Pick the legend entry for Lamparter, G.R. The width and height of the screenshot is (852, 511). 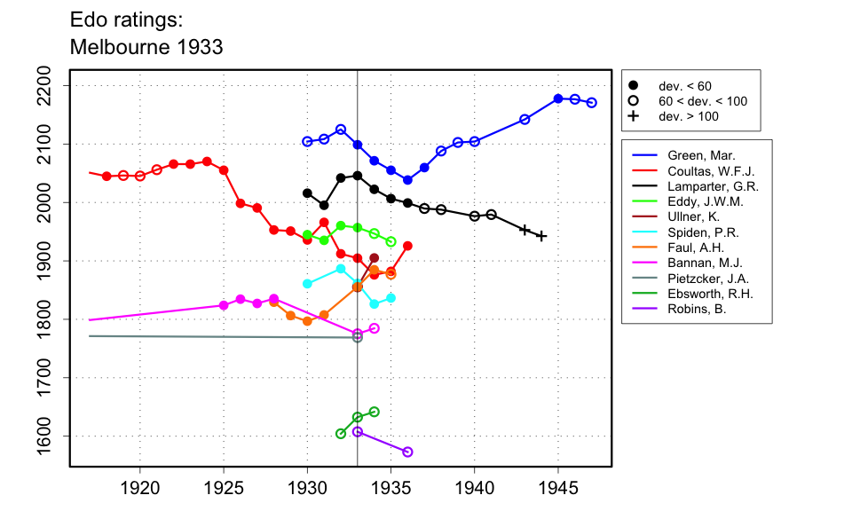point(707,187)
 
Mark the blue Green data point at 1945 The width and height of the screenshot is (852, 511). point(558,98)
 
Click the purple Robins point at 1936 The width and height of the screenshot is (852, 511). point(407,452)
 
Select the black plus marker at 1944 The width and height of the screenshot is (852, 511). point(541,236)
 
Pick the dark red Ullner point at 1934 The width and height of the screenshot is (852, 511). point(374,258)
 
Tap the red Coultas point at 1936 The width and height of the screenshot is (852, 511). point(407,246)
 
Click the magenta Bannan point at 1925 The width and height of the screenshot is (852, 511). point(224,305)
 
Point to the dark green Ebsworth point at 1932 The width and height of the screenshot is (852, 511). point(341,434)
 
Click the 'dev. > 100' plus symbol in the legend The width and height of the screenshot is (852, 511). point(634,116)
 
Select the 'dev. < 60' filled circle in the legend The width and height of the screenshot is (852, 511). point(634,86)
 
